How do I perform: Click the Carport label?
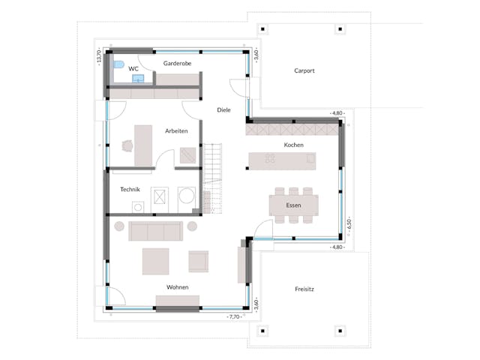(304, 70)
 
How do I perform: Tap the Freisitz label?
(304, 288)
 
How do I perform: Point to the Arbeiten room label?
(176, 130)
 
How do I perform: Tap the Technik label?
(130, 189)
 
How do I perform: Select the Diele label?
(223, 109)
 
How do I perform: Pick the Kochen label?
(293, 144)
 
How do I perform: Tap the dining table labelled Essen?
(294, 205)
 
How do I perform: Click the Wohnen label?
(178, 287)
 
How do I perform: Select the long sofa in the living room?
(155, 230)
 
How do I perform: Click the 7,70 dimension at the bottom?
(233, 318)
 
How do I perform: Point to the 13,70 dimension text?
(98, 55)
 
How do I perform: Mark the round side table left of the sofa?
(118, 226)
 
